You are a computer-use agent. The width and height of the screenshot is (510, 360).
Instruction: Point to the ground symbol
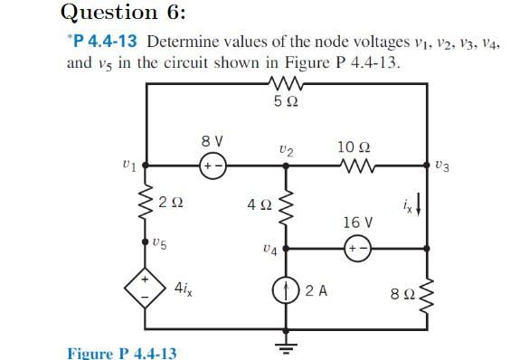tap(287, 346)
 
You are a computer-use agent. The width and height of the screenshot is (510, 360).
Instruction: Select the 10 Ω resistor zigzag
tap(348, 166)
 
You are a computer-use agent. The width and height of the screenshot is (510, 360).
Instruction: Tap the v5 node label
tap(160, 242)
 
